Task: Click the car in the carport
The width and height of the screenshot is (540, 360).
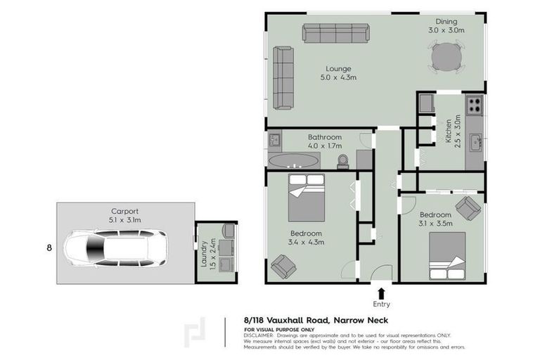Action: coord(117,247)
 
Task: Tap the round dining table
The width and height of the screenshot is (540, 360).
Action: coord(447,56)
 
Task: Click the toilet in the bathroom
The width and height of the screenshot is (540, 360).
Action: coord(342,161)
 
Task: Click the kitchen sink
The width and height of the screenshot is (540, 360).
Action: coord(476,142)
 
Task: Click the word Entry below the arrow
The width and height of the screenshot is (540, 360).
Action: coord(381,304)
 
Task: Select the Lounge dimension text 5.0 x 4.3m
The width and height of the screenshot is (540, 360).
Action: coord(337,77)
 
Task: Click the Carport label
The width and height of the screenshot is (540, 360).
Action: coord(124,210)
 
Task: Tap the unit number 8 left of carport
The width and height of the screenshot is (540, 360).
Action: coord(49,247)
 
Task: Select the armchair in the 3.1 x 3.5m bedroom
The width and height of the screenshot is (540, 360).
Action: coord(468,207)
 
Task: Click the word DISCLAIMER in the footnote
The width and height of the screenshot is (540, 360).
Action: coord(259,335)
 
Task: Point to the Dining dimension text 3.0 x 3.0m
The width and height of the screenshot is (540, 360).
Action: coord(446,30)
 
